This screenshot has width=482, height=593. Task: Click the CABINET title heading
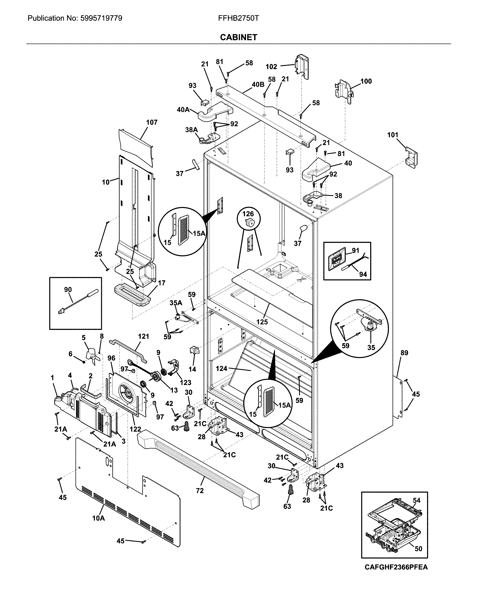click(239, 37)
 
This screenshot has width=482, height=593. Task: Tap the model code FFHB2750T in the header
click(239, 18)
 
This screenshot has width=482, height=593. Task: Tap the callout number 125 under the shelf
click(262, 322)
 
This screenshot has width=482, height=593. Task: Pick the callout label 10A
click(98, 518)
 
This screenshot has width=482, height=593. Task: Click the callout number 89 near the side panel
click(404, 353)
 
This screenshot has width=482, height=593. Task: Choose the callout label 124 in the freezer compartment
click(221, 369)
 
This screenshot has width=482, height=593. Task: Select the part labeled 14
click(194, 351)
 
